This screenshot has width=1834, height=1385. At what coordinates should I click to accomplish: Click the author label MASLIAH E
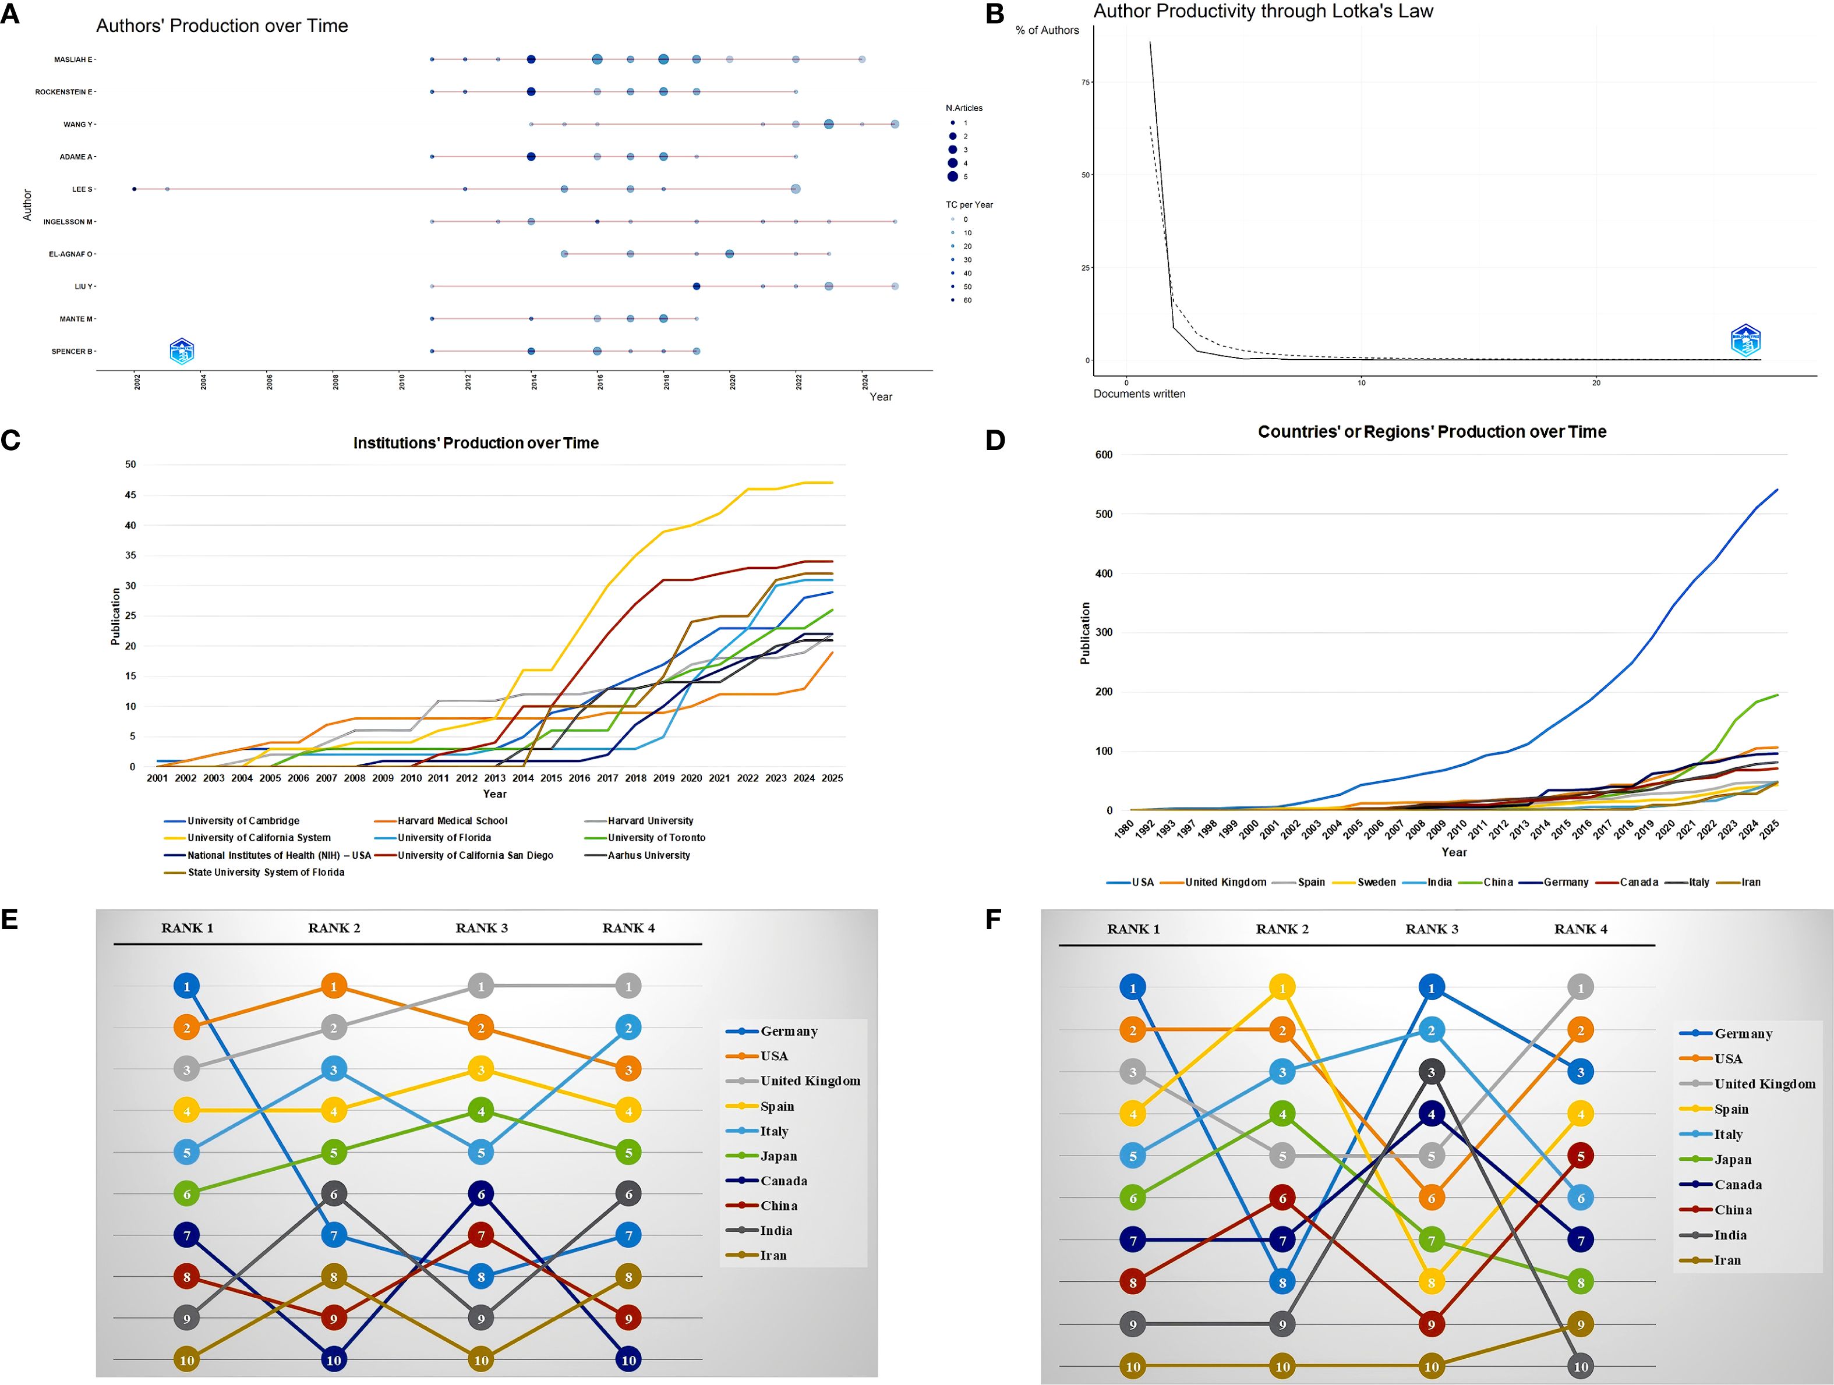click(73, 60)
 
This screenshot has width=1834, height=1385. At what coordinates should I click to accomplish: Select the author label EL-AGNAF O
click(70, 254)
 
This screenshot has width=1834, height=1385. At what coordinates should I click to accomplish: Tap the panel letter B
click(995, 14)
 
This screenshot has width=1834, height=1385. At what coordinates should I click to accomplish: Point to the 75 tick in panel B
click(1086, 82)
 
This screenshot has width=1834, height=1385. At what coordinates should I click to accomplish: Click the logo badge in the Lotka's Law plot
click(1745, 341)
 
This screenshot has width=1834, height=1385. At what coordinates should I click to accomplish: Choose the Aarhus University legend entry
click(648, 855)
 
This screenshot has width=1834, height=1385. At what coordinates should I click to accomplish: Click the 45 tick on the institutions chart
click(130, 495)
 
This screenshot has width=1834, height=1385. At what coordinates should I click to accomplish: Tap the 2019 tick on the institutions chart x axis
click(663, 778)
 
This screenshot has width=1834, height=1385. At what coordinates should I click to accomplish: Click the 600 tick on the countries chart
click(1104, 455)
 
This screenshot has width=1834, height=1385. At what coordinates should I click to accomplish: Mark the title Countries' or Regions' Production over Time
click(1432, 432)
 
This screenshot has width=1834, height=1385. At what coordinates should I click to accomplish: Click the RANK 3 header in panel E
click(481, 929)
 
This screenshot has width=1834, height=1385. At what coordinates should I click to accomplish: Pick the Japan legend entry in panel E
click(778, 1156)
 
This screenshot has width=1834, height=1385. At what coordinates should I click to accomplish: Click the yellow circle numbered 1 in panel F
click(1282, 988)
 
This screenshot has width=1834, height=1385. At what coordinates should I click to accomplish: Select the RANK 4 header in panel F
click(1580, 929)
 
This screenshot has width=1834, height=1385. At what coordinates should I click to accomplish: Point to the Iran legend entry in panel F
click(1726, 1260)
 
